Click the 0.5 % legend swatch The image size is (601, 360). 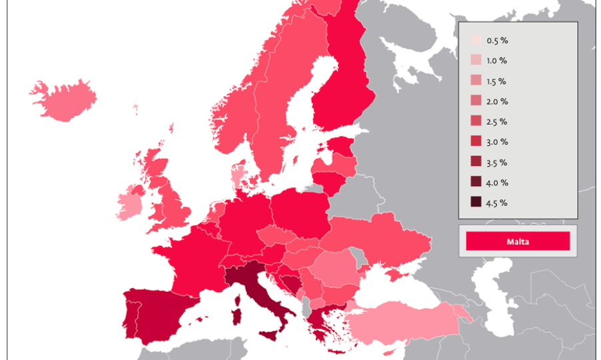click(x=476, y=41)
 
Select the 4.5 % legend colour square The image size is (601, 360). click(x=476, y=203)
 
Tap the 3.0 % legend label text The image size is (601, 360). click(x=497, y=142)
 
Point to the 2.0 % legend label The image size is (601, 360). click(x=497, y=101)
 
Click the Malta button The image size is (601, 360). click(x=518, y=241)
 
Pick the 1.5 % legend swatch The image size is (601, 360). click(x=476, y=81)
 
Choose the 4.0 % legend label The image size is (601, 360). click(x=497, y=183)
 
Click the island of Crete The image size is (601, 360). click(x=338, y=351)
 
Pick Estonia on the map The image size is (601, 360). click(x=342, y=145)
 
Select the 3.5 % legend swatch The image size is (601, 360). click(x=476, y=162)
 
